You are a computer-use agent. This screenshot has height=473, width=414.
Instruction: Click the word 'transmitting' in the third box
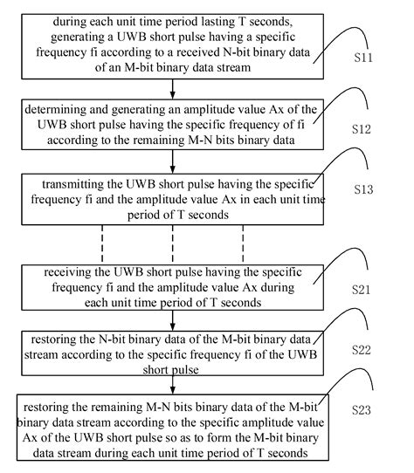coord(77,185)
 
